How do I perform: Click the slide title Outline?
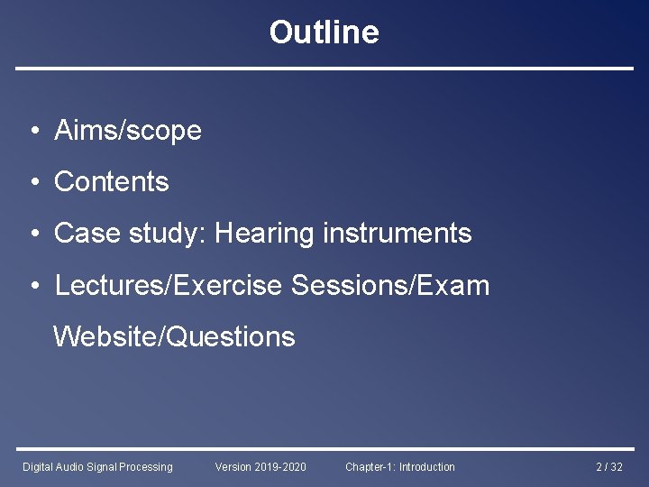click(x=324, y=32)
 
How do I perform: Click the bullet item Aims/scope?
click(x=128, y=131)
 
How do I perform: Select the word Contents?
click(x=112, y=182)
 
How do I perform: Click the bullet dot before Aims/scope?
click(x=32, y=132)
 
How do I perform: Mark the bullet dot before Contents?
click(x=32, y=183)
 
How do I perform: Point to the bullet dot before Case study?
click(x=32, y=234)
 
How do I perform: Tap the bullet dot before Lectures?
click(x=32, y=287)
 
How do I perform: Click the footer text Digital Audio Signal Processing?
click(x=97, y=466)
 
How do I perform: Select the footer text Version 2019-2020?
click(x=261, y=466)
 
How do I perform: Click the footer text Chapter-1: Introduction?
click(x=400, y=466)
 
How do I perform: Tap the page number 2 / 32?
click(x=609, y=466)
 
